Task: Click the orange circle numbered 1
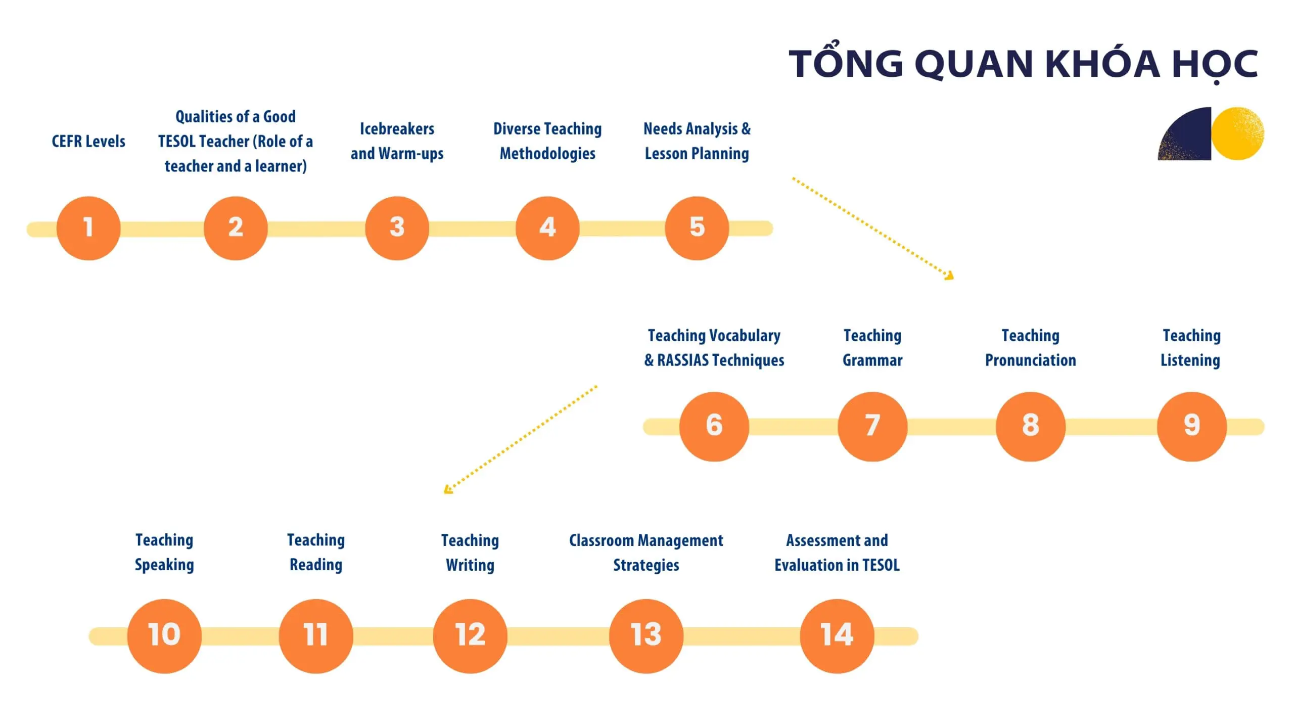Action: point(88,228)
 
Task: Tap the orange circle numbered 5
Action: point(697,228)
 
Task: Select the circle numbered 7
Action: point(872,426)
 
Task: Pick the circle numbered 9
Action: point(1191,426)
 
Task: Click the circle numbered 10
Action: point(164,635)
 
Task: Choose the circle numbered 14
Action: point(837,635)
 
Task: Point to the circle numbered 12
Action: point(470,635)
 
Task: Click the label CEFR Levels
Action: point(88,141)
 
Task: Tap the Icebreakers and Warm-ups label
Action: point(397,141)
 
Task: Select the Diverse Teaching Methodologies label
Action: point(547,141)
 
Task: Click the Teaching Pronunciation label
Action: point(1030,348)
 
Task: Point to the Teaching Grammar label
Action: point(872,348)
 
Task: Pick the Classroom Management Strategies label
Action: point(646,553)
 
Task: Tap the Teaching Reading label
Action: point(316,552)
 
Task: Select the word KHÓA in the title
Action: point(1102,64)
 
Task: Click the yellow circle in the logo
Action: point(1237,133)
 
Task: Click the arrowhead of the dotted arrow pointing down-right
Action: point(950,276)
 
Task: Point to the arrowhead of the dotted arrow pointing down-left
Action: point(447,489)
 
